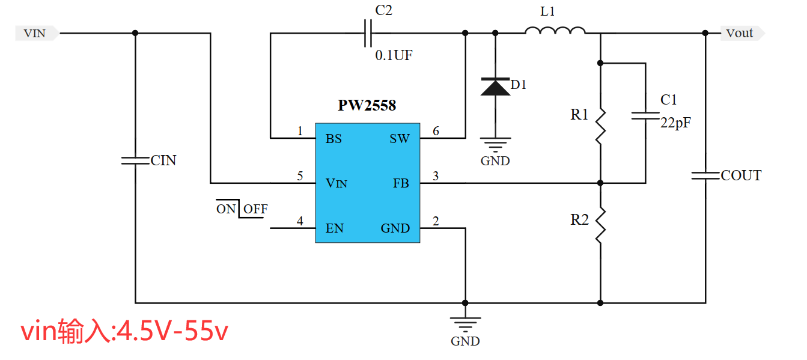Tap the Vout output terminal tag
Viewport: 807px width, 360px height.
tap(741, 34)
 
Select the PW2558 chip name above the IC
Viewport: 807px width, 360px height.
tap(367, 106)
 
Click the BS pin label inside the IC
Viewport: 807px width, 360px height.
tap(333, 139)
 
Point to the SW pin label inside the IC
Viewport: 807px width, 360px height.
tap(400, 139)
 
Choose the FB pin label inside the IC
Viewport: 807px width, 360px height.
tap(401, 183)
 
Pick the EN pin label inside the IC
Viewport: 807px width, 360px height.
tap(335, 228)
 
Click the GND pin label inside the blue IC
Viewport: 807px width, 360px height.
tap(395, 228)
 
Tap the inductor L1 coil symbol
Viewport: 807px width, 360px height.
tap(555, 31)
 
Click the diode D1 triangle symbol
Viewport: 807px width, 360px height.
tap(495, 87)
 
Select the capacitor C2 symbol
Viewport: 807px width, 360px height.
tap(368, 34)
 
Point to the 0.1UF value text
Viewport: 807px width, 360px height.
tap(394, 56)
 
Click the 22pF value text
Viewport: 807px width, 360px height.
tap(675, 123)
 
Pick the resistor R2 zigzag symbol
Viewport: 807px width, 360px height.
tap(600, 226)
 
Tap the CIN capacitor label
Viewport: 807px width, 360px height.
tap(163, 161)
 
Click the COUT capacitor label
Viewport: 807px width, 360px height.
tap(741, 175)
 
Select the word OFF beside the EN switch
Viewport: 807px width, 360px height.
tap(255, 209)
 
